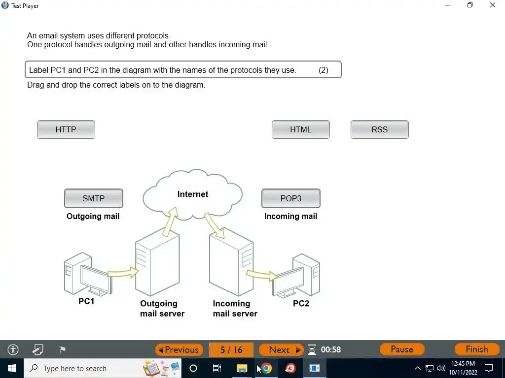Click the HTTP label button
pos(66,129)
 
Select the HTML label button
pos(301,129)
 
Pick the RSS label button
pos(380,129)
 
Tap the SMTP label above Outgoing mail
pos(94,198)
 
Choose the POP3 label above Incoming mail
pos(291,198)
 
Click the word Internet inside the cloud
pos(193,194)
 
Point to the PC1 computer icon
pos(86,275)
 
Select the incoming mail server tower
pos(231,263)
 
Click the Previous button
pos(180,349)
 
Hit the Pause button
pos(402,349)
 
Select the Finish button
pos(476,349)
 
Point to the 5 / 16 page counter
pos(231,349)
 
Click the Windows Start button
pos(12,368)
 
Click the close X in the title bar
pos(493,5)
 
